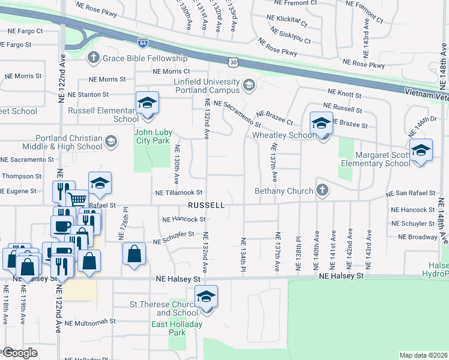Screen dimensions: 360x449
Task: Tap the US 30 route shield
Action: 234,61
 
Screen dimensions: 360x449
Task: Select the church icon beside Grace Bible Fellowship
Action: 93,58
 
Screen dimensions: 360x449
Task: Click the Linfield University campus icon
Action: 249,86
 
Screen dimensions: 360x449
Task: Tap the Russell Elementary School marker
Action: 146,104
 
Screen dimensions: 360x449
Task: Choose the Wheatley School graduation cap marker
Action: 321,125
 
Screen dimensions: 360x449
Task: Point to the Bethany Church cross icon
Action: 322,191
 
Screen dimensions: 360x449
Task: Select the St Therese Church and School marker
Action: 206,298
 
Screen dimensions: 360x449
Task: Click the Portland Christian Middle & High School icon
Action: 110,142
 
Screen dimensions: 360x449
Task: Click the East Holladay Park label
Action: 177,328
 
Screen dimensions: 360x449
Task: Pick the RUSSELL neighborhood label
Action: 206,205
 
